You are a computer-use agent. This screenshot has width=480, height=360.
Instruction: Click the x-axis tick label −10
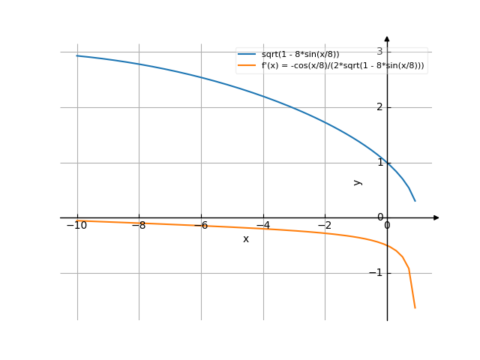coord(76,226)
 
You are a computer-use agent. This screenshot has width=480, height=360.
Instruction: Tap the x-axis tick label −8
coord(139,226)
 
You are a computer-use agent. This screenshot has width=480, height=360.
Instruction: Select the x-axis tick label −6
coord(200,226)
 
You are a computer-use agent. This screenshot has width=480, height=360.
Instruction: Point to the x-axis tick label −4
coord(262,226)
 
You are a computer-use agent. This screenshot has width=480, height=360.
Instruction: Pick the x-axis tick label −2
coord(324,226)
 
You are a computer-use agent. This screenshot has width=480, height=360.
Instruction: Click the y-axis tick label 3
coord(379,52)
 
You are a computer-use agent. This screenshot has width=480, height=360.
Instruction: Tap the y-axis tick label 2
coord(379,107)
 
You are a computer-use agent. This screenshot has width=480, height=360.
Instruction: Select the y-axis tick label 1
coord(379,163)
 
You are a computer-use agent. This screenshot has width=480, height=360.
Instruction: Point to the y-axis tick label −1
coord(376,273)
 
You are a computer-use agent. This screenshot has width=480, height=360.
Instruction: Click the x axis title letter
coord(246,239)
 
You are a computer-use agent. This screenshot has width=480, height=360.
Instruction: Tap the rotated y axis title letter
coord(358,182)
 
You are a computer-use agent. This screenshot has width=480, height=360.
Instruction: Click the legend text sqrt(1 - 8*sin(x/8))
coord(300,55)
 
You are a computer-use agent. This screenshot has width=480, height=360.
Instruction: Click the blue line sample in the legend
coord(247,55)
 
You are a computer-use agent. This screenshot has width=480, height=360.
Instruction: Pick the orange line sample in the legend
coord(247,66)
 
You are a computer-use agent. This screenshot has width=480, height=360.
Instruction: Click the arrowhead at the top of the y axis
coord(387,38)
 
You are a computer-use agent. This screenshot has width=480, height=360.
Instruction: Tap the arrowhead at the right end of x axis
coord(436,217)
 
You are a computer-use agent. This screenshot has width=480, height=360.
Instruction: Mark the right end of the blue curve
coord(415,201)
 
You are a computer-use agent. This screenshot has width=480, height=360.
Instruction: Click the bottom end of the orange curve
coord(415,308)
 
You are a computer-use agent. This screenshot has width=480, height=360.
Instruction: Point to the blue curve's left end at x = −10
coord(77,55)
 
